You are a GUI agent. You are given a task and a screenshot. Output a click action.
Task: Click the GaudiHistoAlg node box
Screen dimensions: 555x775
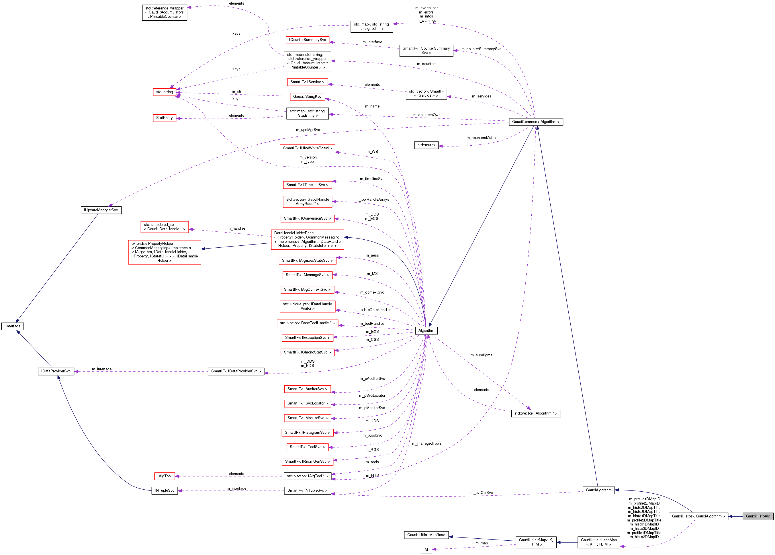(x=758, y=516)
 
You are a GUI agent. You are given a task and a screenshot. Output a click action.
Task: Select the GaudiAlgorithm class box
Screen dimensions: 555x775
(x=599, y=490)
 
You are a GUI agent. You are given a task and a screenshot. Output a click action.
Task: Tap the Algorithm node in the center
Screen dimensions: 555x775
(x=426, y=331)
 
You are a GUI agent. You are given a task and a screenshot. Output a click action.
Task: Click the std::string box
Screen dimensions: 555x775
(x=164, y=92)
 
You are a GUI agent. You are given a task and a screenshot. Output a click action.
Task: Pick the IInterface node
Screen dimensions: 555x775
(x=13, y=326)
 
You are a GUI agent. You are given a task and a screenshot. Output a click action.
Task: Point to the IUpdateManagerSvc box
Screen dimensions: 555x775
(x=101, y=210)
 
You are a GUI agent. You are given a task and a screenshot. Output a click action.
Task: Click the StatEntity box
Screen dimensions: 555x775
(x=164, y=118)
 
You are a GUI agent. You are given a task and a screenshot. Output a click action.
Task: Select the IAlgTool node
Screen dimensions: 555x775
(x=164, y=476)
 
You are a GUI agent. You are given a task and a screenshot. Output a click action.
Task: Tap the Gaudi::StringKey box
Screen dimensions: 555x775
(x=307, y=96)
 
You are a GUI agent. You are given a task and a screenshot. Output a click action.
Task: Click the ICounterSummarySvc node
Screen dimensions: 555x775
(x=308, y=40)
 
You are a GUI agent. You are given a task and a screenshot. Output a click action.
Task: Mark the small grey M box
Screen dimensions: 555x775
(x=426, y=549)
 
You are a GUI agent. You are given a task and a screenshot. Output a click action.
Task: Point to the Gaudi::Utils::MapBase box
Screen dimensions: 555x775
(x=426, y=535)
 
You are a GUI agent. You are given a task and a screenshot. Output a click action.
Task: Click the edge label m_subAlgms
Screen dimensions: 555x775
(x=481, y=355)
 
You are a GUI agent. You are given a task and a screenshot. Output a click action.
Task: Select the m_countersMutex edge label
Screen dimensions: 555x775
(x=481, y=138)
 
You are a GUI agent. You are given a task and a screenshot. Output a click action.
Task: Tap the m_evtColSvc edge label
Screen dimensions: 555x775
(x=481, y=493)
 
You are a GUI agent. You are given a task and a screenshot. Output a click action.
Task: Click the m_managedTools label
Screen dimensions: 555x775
(x=426, y=443)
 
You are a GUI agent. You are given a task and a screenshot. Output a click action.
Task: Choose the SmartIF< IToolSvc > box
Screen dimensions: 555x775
(x=307, y=447)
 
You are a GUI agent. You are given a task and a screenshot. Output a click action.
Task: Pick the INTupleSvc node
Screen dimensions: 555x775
(x=164, y=490)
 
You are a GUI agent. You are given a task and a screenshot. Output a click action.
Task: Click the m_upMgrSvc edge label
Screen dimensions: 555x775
(x=308, y=130)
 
